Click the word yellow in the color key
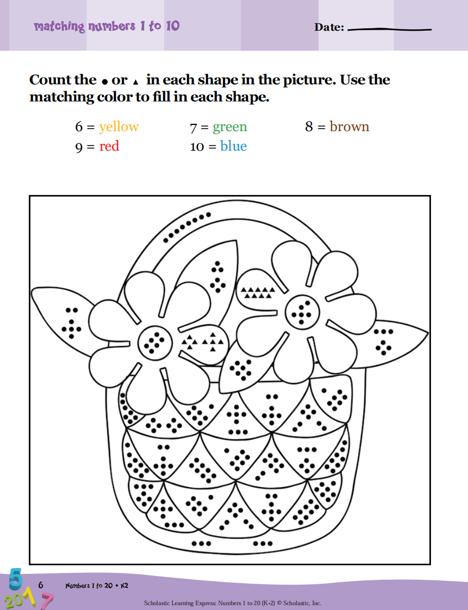[x=119, y=127]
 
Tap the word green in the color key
[x=230, y=127]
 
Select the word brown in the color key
[x=350, y=126]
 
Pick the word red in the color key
[x=109, y=146]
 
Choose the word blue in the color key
[x=233, y=146]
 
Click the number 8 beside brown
[x=309, y=126]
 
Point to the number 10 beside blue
[x=197, y=147]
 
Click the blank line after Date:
[x=390, y=29]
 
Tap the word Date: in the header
[x=329, y=27]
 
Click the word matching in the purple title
[x=59, y=26]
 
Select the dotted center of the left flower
[x=155, y=343]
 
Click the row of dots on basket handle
[x=187, y=227]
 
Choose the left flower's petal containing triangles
[x=203, y=342]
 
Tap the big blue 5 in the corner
[x=16, y=579]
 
